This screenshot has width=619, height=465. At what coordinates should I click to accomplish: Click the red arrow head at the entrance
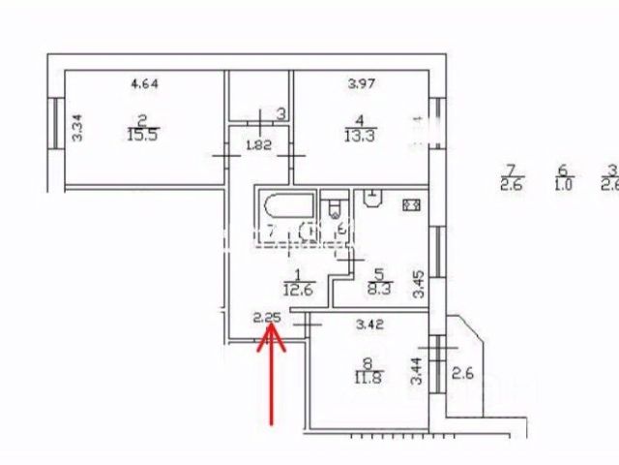[x=272, y=335]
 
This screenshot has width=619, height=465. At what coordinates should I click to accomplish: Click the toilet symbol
[x=335, y=208]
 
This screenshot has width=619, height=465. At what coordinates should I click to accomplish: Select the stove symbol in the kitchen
[x=411, y=205]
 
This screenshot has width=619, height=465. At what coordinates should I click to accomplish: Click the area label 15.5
[x=142, y=136]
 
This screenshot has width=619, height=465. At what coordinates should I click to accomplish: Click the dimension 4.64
[x=144, y=82]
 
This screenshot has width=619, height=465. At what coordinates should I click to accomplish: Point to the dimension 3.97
[x=361, y=82]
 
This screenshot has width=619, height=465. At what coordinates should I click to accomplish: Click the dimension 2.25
[x=265, y=317]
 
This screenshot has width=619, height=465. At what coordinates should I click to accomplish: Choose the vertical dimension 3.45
[x=418, y=284]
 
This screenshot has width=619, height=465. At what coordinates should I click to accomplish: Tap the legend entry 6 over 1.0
[x=560, y=179]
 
